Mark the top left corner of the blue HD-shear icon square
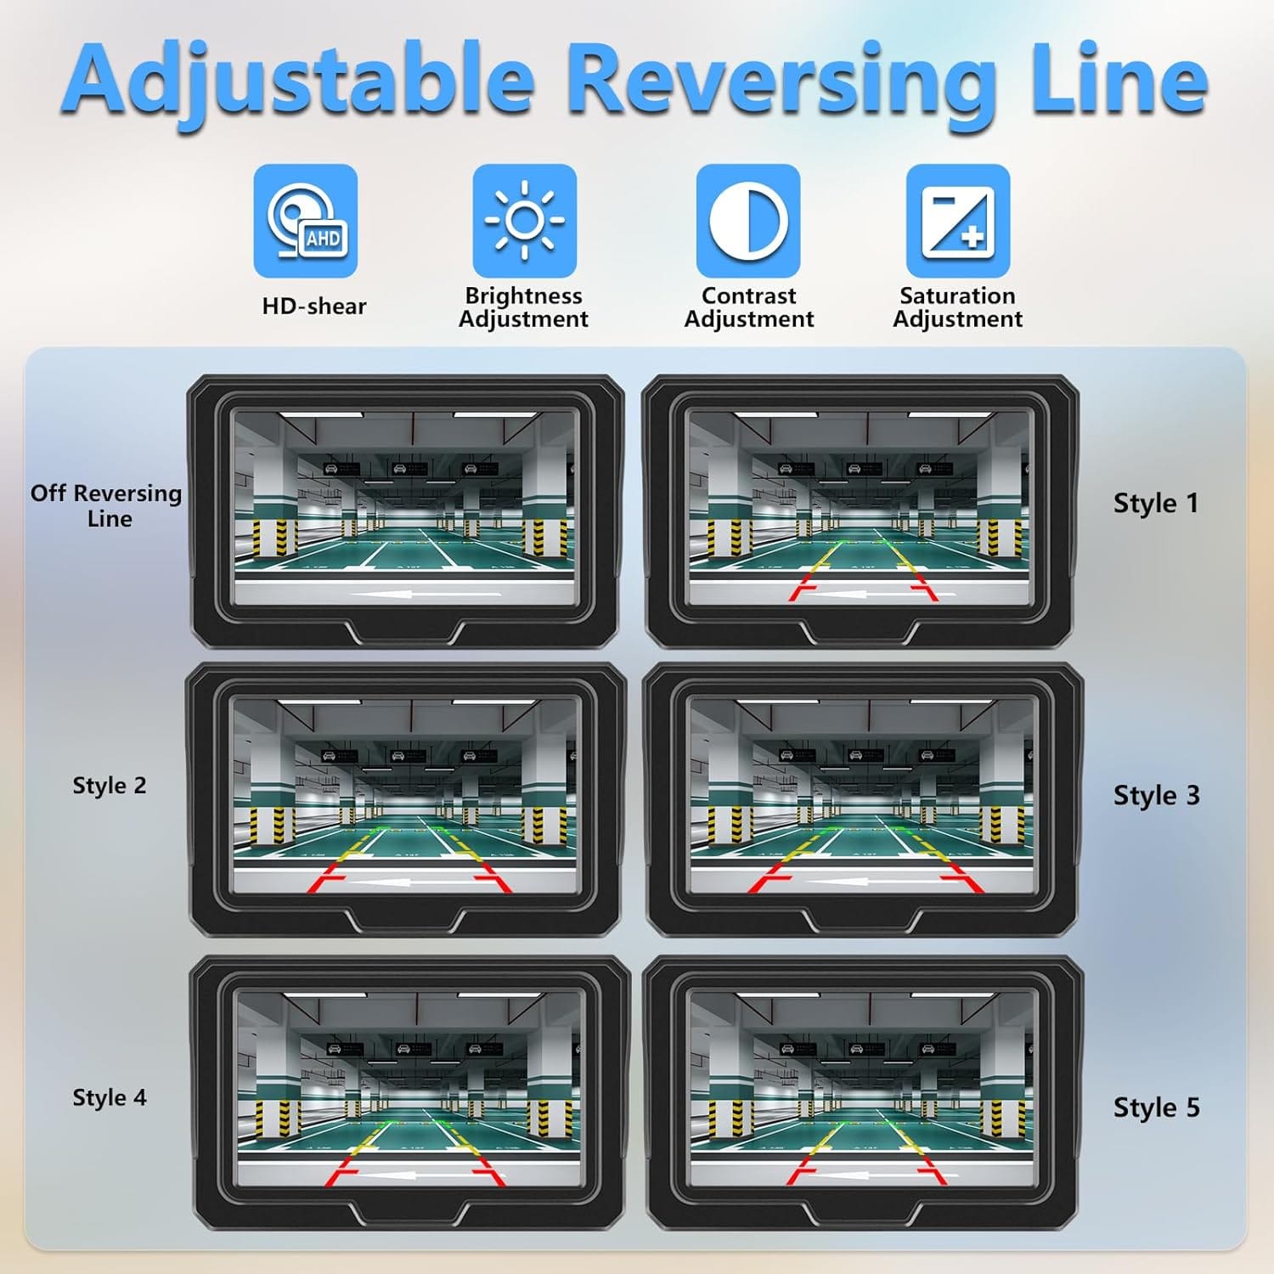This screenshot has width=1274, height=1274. coord(254,165)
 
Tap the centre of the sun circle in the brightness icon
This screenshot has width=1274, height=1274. coord(524,220)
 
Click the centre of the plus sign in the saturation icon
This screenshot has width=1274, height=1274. coord(972,235)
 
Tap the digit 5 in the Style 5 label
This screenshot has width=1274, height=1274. coord(1192,1108)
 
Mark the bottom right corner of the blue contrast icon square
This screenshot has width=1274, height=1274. coord(800,277)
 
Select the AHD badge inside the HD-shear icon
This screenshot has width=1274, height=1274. coord(323,239)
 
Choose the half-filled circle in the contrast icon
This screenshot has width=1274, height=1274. coord(748,220)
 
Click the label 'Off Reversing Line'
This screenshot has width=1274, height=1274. coord(106,505)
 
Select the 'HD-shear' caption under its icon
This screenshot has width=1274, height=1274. coord(314,306)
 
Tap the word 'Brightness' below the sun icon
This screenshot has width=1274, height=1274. coord(523,296)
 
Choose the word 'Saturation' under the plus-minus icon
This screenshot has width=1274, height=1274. coord(957,296)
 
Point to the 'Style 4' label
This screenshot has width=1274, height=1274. coord(110,1097)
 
